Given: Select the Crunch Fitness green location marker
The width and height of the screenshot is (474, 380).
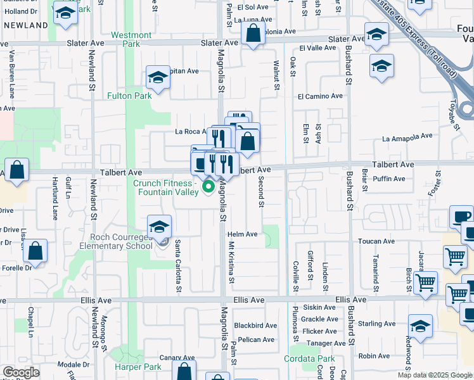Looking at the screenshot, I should point(208,187).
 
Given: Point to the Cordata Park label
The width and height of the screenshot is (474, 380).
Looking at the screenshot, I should point(317,359).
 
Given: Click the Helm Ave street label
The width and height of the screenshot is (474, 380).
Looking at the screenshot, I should point(243,234).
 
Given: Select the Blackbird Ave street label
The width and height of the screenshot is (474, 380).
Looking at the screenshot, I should point(255,326).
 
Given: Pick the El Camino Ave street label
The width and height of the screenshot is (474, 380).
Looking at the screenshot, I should point(320,96).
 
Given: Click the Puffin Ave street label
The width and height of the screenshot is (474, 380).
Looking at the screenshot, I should point(390,179).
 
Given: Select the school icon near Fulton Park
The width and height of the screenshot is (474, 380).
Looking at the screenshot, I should point(157,78).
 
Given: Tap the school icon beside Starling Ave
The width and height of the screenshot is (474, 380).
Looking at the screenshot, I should point(420,326).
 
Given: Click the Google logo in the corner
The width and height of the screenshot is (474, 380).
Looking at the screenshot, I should point(21,372).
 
